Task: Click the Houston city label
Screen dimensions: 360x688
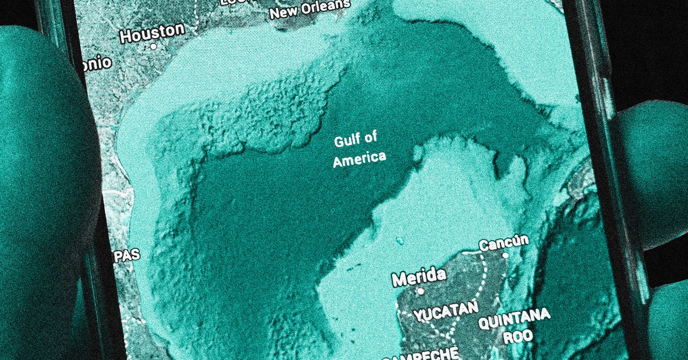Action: pos(152,33)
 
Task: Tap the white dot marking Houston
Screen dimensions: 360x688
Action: pos(153,47)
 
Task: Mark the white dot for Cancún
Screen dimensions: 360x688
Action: pos(505,255)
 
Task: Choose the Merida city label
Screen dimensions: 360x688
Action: pos(419,277)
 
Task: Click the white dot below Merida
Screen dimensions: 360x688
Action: pos(420,291)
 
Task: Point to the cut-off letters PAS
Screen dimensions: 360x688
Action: pos(127,255)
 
